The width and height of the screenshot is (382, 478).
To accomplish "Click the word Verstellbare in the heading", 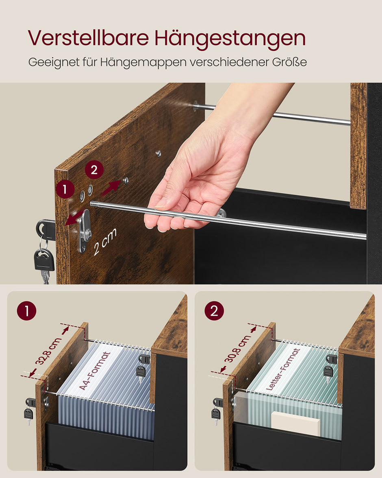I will point(89,38).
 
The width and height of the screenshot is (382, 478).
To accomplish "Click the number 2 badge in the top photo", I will point(94,170).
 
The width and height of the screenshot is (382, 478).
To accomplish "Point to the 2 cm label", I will point(105,242).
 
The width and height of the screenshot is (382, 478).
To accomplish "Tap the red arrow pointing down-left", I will point(73,218).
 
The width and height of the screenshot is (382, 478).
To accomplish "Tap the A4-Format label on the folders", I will point(95,371).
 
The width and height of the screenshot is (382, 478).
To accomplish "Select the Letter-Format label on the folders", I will point(283,369).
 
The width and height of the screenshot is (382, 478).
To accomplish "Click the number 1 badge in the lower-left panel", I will point(27,311).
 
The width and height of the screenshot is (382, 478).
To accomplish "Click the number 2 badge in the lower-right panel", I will point(214,311).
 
